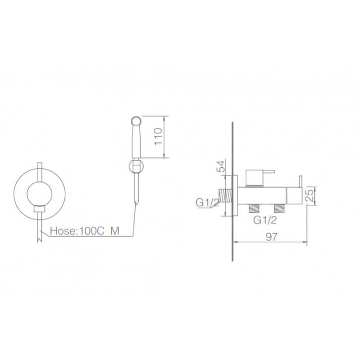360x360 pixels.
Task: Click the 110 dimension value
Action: pyautogui.click(x=158, y=137)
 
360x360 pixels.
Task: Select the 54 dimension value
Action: pyautogui.click(x=221, y=166)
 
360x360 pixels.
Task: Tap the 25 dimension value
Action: pyautogui.click(x=310, y=195)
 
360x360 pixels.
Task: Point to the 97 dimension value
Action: pyautogui.click(x=272, y=237)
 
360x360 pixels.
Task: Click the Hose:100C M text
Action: pyautogui.click(x=84, y=231)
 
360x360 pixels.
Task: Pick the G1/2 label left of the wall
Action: pyautogui.click(x=207, y=202)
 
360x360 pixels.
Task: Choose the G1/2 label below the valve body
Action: pyautogui.click(x=265, y=220)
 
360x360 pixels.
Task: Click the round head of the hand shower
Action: pyautogui.click(x=136, y=121)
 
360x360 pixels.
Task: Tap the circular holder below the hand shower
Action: pyautogui.click(x=137, y=166)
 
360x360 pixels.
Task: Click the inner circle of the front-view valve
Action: pyautogui.click(x=39, y=194)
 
